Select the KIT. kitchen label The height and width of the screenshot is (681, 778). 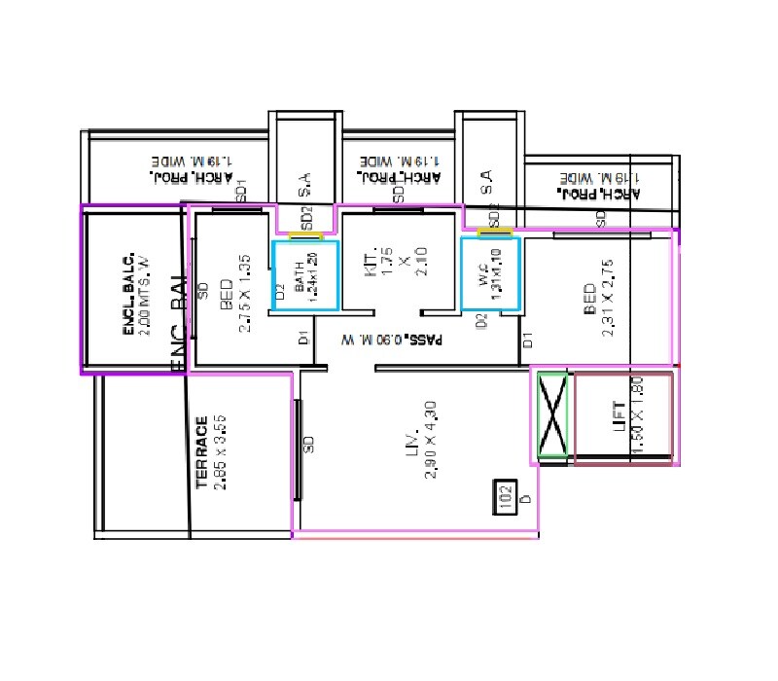click(371, 262)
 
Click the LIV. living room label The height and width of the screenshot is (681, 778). click(412, 442)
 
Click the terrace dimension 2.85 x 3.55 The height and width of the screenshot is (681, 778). click(220, 452)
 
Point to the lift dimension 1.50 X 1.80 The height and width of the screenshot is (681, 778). click(636, 418)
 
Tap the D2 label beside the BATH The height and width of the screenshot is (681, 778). click(279, 290)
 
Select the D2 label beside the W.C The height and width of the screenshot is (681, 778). click(480, 321)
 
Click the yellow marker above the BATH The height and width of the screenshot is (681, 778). click(306, 236)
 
